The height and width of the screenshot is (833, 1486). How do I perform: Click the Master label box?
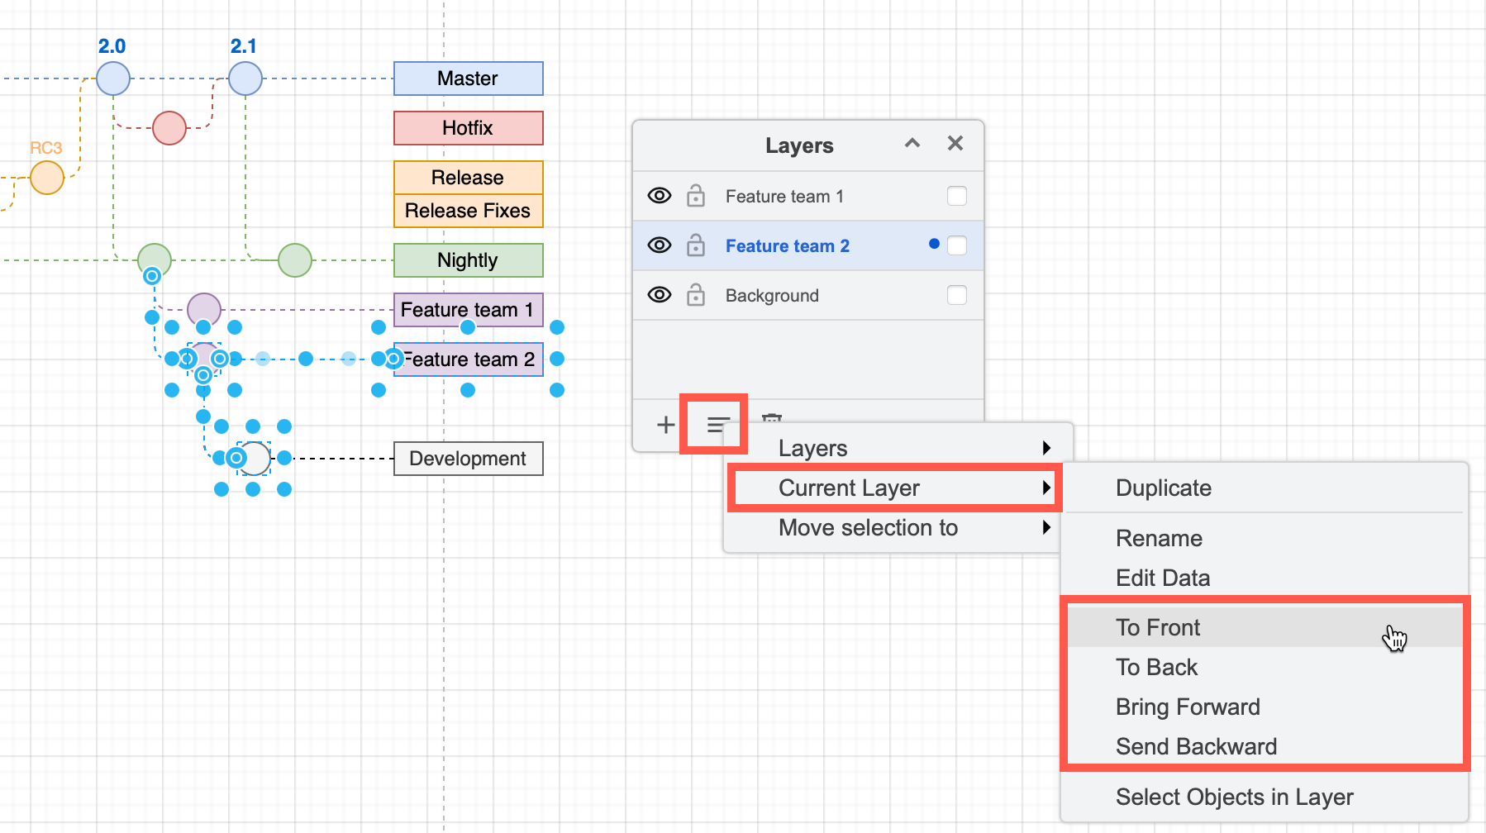tap(468, 79)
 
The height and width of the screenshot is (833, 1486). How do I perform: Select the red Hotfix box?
tap(468, 128)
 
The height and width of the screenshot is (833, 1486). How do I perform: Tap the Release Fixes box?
tap(468, 211)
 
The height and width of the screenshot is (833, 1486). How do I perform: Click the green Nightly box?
tap(468, 260)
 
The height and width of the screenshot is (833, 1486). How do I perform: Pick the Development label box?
tap(468, 459)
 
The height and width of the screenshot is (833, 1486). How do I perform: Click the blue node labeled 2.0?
tap(113, 79)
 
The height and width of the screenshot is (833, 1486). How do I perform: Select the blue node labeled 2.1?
tap(245, 79)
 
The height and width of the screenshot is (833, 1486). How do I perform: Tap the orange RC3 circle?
tap(47, 178)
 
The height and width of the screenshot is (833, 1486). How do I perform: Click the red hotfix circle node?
tap(169, 128)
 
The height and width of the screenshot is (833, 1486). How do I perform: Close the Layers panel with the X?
tap(955, 143)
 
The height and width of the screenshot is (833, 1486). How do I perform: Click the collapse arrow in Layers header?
tap(912, 143)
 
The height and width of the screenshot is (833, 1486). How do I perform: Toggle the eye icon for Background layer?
tap(660, 295)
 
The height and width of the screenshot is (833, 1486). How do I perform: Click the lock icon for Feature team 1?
tap(696, 196)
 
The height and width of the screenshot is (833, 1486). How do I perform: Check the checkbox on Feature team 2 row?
tap(957, 245)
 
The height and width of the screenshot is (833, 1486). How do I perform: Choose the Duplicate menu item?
tap(1163, 488)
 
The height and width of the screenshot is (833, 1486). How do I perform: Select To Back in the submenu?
tap(1156, 667)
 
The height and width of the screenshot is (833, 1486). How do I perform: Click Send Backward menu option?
tap(1196, 746)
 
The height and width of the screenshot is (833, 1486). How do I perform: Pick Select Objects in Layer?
tap(1234, 797)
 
